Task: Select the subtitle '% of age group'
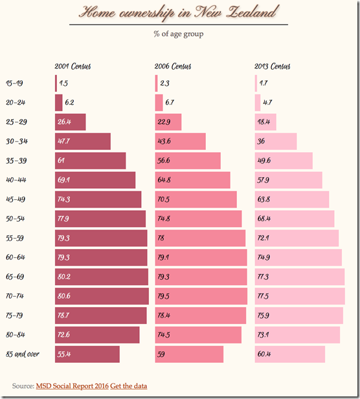click(178, 34)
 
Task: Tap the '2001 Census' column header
click(73, 66)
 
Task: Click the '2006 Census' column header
click(173, 66)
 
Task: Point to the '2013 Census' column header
click(273, 66)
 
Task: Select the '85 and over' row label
click(24, 354)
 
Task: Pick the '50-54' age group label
click(16, 219)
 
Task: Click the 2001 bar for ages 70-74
click(102, 296)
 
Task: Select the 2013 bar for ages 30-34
click(276, 142)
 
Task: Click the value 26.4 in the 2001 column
click(64, 122)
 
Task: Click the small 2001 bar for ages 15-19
click(56, 83)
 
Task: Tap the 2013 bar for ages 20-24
click(258, 103)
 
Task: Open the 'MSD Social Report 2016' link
click(72, 386)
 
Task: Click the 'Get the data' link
click(128, 386)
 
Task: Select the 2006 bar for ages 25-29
click(168, 122)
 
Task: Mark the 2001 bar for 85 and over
click(87, 354)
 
